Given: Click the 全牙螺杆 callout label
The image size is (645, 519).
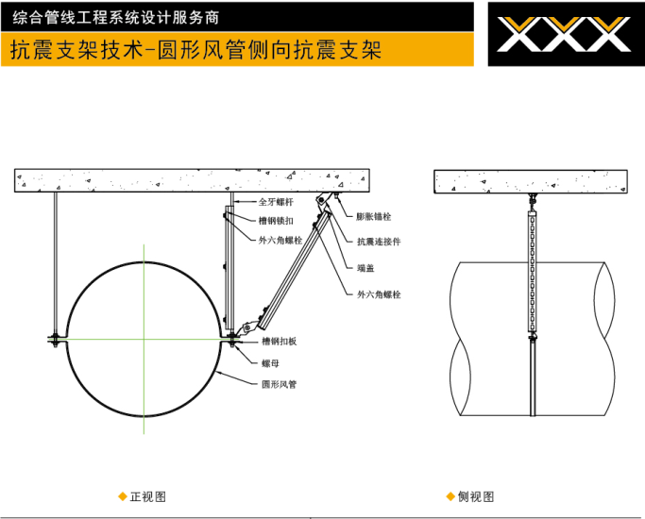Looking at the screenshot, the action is tap(276, 202).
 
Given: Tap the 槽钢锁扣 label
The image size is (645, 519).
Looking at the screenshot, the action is tap(276, 221).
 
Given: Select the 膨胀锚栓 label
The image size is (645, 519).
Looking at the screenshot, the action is tap(374, 216).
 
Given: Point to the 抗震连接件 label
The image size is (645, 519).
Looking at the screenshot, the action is tap(379, 242).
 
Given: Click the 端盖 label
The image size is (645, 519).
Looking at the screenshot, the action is tap(365, 268).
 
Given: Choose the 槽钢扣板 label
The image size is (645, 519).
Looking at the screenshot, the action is tap(280, 341).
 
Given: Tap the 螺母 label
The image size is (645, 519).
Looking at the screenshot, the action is tap(271, 363).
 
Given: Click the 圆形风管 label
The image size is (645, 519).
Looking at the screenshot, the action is tap(280, 384).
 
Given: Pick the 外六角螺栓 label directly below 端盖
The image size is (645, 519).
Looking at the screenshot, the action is tap(379, 294).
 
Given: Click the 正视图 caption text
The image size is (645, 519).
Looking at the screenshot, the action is tap(148, 496).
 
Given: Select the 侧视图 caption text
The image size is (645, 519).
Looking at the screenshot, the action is tap(476, 496).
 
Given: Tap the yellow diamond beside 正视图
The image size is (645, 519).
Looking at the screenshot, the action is tap(122, 496).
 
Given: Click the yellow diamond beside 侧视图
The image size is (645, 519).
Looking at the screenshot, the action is tap(450, 496).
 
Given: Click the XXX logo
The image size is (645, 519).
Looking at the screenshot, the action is tap(564, 34).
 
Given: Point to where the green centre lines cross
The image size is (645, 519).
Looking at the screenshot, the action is tap(144, 340).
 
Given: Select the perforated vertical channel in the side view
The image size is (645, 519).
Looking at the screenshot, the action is tap(532, 271).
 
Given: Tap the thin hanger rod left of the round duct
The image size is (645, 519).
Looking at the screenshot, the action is tap(56, 263).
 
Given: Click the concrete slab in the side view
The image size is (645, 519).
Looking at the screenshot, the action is tap(531, 181).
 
